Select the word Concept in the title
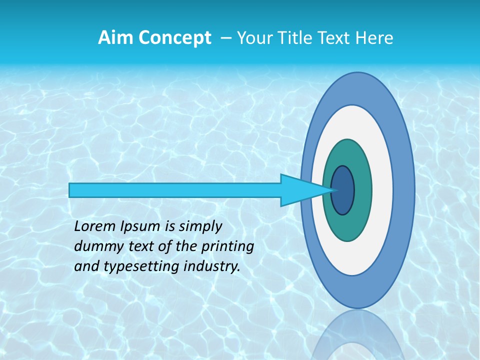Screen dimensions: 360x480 pos(174,38)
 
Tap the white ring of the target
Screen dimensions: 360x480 pos(382,190)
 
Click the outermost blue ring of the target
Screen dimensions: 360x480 pos(405,190)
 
